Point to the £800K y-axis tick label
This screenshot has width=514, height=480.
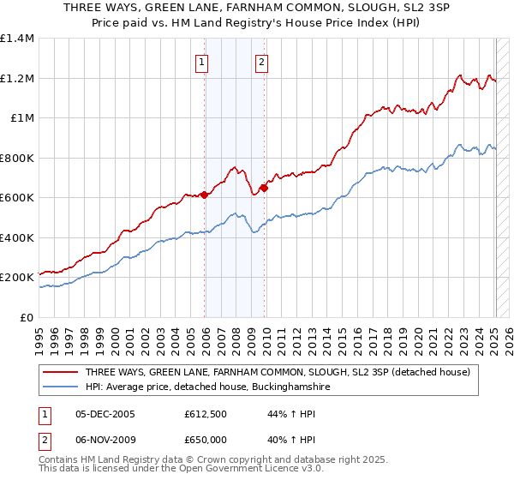(17, 158)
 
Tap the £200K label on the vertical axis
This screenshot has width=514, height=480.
(17, 278)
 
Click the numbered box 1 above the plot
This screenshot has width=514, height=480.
(201, 61)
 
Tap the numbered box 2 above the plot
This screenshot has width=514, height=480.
(260, 61)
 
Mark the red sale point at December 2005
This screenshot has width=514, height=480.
(205, 195)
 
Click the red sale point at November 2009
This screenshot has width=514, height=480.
(264, 188)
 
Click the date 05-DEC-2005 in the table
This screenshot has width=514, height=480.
(105, 413)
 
